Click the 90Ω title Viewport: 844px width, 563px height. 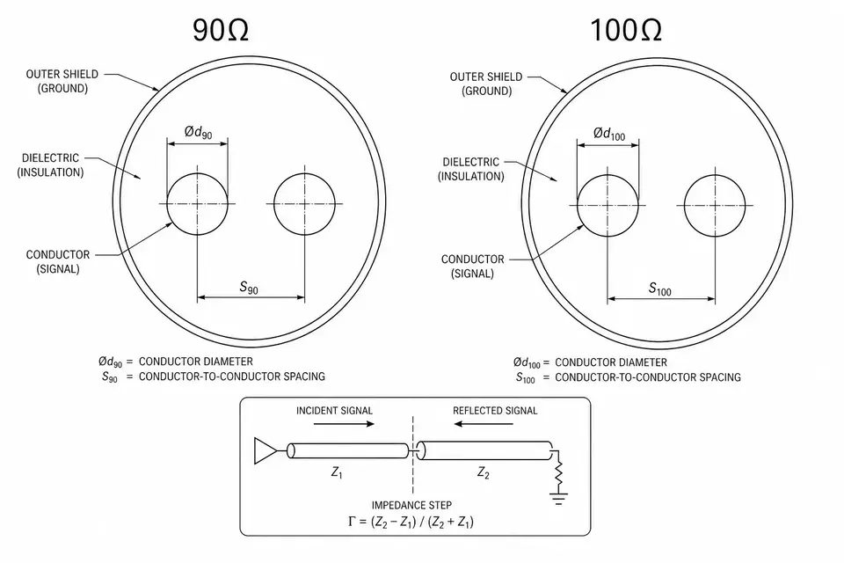pyautogui.click(x=221, y=30)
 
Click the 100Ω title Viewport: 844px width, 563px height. pyautogui.click(x=626, y=30)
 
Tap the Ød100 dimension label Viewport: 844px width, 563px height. pyautogui.click(x=609, y=134)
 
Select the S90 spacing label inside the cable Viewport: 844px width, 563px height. pyautogui.click(x=249, y=287)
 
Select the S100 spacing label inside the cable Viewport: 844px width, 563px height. pyautogui.click(x=660, y=289)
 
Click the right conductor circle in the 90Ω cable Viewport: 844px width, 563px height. pyautogui.click(x=305, y=204)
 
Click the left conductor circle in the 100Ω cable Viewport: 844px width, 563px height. pyautogui.click(x=608, y=205)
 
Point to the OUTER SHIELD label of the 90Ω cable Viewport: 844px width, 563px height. pyautogui.click(x=62, y=81)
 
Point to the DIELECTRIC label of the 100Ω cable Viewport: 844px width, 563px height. pyautogui.click(x=471, y=169)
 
